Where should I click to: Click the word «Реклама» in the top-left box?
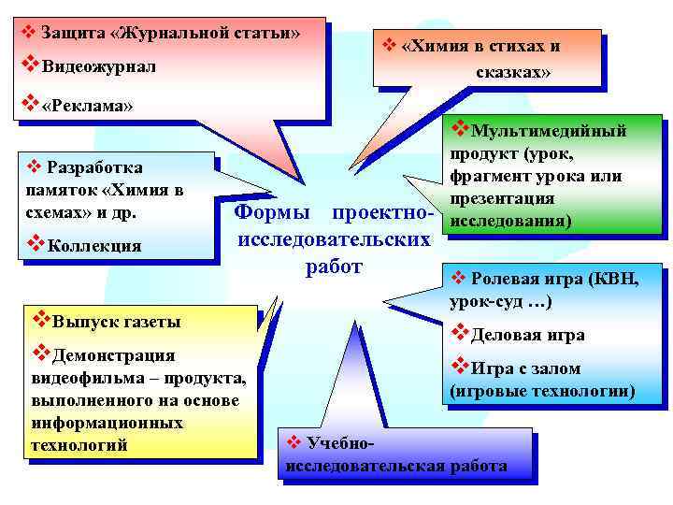tap(89, 106)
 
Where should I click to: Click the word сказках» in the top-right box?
tap(513, 71)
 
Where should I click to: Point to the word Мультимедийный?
tap(549, 132)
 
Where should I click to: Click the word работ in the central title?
tap(334, 267)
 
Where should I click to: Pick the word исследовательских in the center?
tap(335, 239)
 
